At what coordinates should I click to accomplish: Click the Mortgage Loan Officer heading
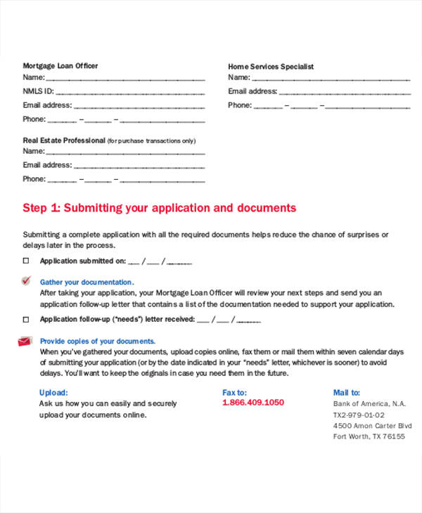pyautogui.click(x=60, y=66)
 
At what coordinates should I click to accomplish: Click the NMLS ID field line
pyautogui.click(x=129, y=92)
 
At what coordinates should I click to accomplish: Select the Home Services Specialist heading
pyautogui.click(x=271, y=67)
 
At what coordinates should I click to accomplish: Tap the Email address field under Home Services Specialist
pyautogui.click(x=345, y=92)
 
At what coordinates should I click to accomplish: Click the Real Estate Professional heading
pyautogui.click(x=64, y=141)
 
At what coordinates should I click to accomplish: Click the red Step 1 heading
pyautogui.click(x=160, y=208)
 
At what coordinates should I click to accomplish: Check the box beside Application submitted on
pyautogui.click(x=26, y=261)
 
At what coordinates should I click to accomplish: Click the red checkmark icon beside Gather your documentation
pyautogui.click(x=26, y=280)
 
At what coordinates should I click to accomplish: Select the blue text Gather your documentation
pyautogui.click(x=87, y=282)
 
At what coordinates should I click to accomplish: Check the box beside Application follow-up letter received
pyautogui.click(x=26, y=319)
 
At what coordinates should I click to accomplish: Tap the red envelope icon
pyautogui.click(x=25, y=341)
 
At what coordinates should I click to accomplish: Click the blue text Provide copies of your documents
pyautogui.click(x=98, y=342)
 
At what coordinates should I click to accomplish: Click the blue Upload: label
pyautogui.click(x=53, y=393)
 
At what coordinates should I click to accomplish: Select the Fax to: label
pyautogui.click(x=234, y=393)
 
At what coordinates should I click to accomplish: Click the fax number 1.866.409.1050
pyautogui.click(x=252, y=403)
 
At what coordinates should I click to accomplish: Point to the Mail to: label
pyautogui.click(x=347, y=393)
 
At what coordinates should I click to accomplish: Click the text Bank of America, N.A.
pyautogui.click(x=369, y=404)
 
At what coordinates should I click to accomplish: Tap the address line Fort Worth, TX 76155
pyautogui.click(x=369, y=436)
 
